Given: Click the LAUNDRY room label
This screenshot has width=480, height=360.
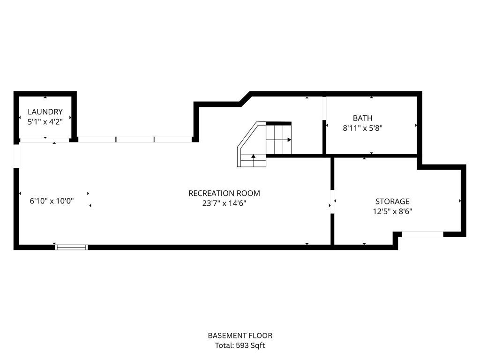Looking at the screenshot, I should click(45, 112).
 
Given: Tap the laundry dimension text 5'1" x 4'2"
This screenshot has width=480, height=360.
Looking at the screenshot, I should click(45, 121).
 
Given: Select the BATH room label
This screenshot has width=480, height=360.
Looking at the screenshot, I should click(363, 118).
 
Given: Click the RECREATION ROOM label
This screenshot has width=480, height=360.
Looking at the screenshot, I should click(224, 193).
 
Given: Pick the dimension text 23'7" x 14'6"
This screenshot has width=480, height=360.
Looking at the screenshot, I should click(224, 203).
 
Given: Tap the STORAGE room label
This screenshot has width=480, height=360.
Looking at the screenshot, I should click(392, 202).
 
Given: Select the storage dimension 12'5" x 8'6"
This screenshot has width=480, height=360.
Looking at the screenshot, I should click(392, 211).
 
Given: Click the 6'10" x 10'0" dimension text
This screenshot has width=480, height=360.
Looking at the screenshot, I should click(52, 201).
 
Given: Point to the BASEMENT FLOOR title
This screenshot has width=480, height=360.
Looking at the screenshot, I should click(240, 336).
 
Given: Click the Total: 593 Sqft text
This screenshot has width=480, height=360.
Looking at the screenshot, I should click(240, 345).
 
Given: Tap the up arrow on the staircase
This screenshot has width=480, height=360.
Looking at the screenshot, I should click(254, 157).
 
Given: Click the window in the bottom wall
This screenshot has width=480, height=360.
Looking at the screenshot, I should click(71, 247).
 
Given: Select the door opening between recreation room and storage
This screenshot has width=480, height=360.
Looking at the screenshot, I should click(332, 202).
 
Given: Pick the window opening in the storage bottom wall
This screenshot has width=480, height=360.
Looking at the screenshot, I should click(422, 234).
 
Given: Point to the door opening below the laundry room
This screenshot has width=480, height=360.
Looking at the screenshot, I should click(45, 140).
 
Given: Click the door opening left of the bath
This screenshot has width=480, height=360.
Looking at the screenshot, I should click(324, 109).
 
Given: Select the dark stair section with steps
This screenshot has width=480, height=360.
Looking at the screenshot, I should click(278, 139).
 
